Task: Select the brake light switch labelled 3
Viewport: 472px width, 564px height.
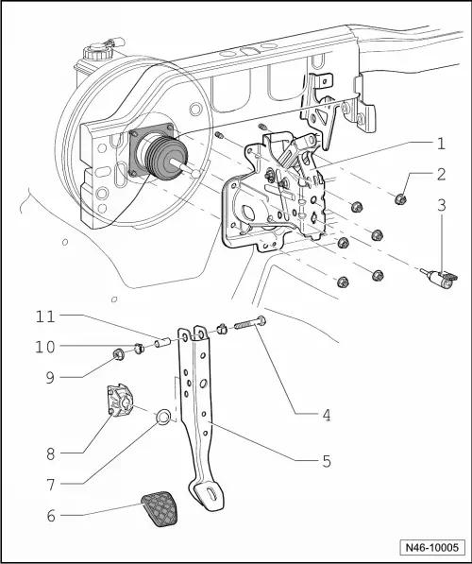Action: [441, 278]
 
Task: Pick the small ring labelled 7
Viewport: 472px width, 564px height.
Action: [163, 416]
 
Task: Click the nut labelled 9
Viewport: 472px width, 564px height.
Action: [120, 354]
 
